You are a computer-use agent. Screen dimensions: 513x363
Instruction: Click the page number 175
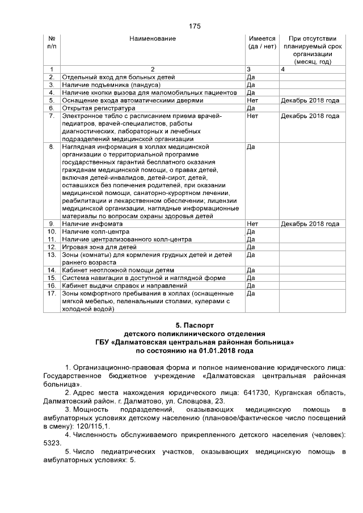pos(195,26)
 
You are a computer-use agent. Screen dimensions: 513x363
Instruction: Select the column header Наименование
pos(153,39)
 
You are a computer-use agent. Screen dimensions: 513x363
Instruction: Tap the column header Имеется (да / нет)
pos(262,42)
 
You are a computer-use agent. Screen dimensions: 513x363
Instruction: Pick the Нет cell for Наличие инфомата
pos(253,224)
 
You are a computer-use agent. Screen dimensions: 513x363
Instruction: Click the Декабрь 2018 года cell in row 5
pos(310,100)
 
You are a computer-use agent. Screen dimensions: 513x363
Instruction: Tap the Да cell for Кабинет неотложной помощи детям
pos(251,270)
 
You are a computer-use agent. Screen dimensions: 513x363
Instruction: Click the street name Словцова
pos(199,401)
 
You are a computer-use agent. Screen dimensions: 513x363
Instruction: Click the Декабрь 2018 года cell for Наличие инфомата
pos(310,224)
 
